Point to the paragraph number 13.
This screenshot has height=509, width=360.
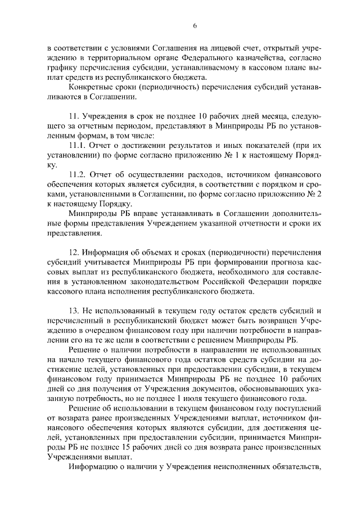tap(74, 312)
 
